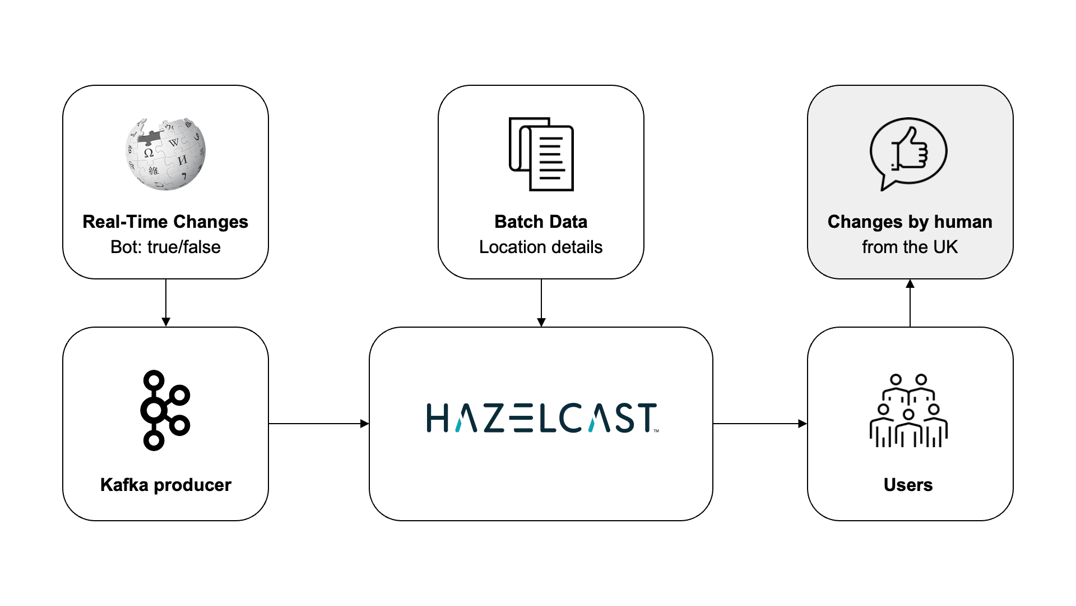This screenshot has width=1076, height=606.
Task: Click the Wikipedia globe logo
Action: point(165,154)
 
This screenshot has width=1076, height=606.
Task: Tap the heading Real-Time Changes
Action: point(165,222)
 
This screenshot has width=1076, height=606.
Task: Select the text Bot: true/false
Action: point(165,247)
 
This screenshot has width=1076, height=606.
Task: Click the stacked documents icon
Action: point(541,154)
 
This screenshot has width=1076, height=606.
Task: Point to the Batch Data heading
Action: point(541,222)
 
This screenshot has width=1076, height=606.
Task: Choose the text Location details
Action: point(541,247)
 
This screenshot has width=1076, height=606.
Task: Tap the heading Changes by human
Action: point(910,222)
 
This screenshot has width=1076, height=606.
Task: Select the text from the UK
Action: point(910,247)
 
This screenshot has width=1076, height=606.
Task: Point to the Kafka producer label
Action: point(165,485)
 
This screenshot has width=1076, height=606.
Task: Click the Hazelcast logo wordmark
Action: point(541,418)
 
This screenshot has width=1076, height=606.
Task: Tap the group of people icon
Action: point(908,411)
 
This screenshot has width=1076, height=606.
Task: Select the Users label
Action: point(908,485)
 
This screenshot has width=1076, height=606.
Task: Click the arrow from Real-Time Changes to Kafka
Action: point(166,303)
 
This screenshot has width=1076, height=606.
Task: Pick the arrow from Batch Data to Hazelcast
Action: point(541,303)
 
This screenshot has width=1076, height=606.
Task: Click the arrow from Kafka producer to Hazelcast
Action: point(318,424)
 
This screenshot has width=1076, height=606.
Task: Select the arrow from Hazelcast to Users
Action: point(759,424)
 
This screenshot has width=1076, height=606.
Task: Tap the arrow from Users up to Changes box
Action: point(910,303)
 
